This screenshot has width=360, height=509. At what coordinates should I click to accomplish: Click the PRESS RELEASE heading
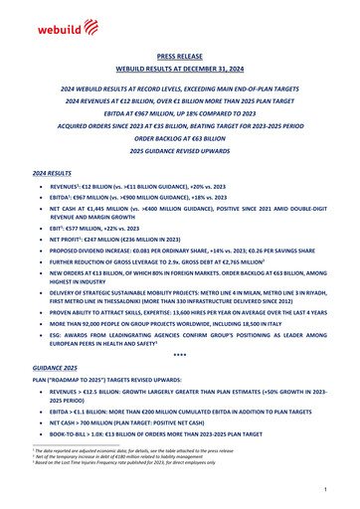(x=180, y=59)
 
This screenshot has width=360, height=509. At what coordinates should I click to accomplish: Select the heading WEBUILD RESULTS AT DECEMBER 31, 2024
(x=180, y=73)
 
